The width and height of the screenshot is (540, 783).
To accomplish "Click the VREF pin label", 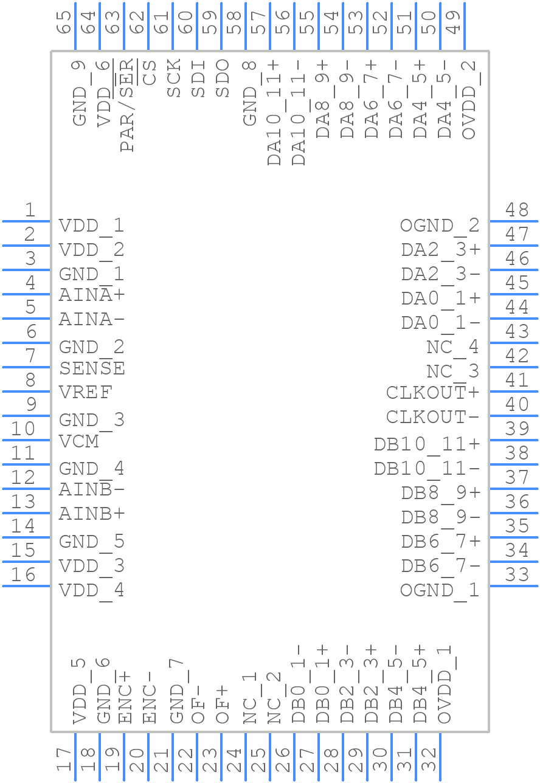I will pyautogui.click(x=86, y=393).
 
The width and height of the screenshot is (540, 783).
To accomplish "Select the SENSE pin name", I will pyautogui.click(x=92, y=368).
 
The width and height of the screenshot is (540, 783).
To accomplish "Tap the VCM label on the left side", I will pyautogui.click(x=79, y=441).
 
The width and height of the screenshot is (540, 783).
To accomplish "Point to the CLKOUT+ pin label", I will pyautogui.click(x=432, y=393).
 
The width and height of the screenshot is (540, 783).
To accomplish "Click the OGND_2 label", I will pyautogui.click(x=440, y=226).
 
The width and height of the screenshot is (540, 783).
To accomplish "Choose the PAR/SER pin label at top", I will pyautogui.click(x=127, y=106).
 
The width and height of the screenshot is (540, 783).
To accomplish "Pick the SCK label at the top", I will pyautogui.click(x=175, y=78).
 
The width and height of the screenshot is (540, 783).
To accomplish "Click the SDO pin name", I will pyautogui.click(x=223, y=78).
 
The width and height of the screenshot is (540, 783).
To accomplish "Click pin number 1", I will pyautogui.click(x=30, y=210).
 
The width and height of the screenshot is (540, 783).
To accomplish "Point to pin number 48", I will pyautogui.click(x=517, y=210).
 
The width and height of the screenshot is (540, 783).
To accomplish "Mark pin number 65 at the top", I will pyautogui.click(x=64, y=22).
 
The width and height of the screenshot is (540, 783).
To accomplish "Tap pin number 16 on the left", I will pyautogui.click(x=24, y=574).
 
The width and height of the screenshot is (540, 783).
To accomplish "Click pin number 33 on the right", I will pyautogui.click(x=517, y=574).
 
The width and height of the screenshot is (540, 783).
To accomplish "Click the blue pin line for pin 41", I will pyautogui.click(x=514, y=392).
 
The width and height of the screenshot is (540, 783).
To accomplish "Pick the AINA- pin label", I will pyautogui.click(x=92, y=320).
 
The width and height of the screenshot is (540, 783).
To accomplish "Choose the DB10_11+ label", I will pyautogui.click(x=427, y=445).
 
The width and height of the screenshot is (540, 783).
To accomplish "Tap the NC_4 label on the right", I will pyautogui.click(x=452, y=348).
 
